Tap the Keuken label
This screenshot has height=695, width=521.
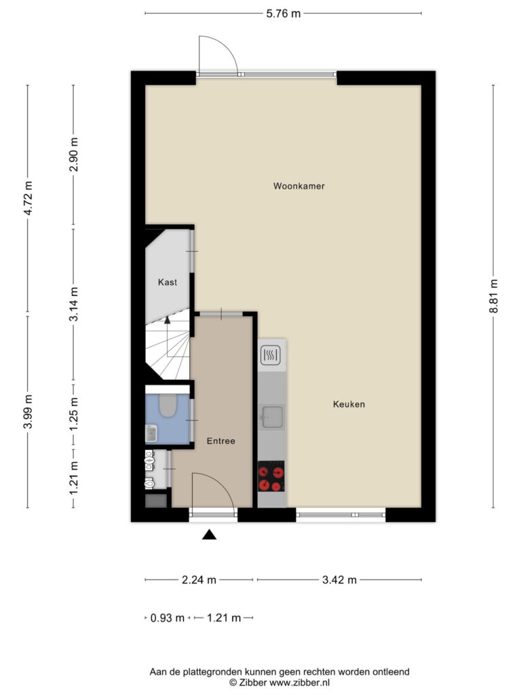(349, 404)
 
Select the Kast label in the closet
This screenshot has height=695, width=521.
(168, 282)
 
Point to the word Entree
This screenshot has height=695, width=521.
(220, 441)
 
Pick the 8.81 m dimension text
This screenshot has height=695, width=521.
(493, 296)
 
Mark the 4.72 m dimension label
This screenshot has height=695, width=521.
(28, 199)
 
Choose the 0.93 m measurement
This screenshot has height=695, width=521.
(168, 618)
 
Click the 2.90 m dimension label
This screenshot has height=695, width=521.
(74, 155)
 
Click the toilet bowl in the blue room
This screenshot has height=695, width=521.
(167, 406)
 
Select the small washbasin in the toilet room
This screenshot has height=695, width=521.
(151, 432)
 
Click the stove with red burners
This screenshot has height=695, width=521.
(271, 476)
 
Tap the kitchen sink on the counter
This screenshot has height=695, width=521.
(272, 416)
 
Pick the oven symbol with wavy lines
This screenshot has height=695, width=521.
(271, 354)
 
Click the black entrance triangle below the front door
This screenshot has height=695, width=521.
(210, 535)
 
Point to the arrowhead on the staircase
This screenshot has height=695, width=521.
(168, 319)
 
